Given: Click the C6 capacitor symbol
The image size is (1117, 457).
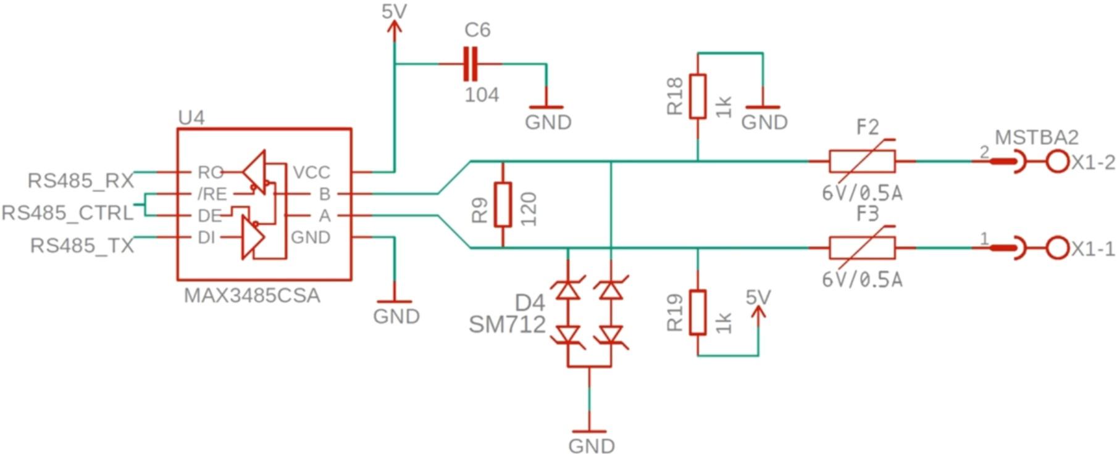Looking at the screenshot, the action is (471, 64).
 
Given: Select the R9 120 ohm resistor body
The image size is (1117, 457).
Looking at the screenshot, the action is (503, 204).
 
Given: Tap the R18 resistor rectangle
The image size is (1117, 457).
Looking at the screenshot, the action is (698, 96).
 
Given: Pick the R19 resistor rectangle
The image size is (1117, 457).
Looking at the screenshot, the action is (698, 312).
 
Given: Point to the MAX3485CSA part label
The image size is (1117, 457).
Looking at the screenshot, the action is (252, 295).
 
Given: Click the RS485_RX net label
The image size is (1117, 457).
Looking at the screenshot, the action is (81, 181).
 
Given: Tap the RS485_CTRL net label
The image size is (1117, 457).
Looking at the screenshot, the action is (67, 213).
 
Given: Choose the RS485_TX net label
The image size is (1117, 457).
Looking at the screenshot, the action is (82, 245).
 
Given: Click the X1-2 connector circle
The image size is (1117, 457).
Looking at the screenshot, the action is (1057, 162).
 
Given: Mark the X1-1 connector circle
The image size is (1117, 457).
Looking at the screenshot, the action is (1057, 248).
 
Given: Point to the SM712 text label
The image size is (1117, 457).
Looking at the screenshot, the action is (507, 324).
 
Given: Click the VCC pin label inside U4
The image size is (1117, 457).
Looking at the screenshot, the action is (311, 172).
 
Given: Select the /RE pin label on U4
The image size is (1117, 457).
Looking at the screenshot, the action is (212, 194).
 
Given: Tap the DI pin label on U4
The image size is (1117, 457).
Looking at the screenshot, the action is (206, 237).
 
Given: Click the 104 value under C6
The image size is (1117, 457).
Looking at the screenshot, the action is (482, 95).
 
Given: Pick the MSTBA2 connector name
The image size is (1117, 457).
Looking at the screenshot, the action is (1037, 137).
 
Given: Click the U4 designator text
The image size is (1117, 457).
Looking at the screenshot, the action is (191, 118).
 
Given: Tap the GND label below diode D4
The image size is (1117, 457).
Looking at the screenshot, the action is (591, 445).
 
